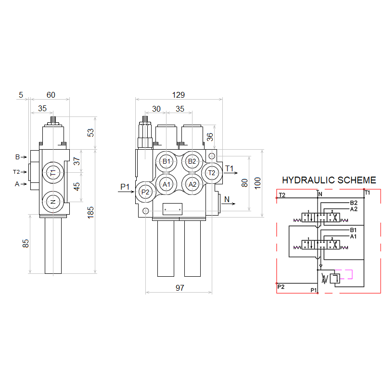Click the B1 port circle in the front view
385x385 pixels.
[x=167, y=161]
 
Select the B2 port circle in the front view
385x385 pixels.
[x=192, y=161]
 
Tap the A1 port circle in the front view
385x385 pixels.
[x=167, y=184]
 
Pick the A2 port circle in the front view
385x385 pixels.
[x=192, y=184]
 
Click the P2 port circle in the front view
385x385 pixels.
[x=145, y=192]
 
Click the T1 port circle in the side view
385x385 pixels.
[x=53, y=173]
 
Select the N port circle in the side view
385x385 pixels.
[x=53, y=201]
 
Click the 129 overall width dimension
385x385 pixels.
[x=179, y=95]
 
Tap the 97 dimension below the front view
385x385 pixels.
[x=179, y=288]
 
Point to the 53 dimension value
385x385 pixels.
[x=91, y=133]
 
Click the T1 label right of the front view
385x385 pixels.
[x=229, y=168]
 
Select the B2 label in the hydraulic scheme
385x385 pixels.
[x=353, y=203]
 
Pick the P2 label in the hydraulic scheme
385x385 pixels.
[x=282, y=287]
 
